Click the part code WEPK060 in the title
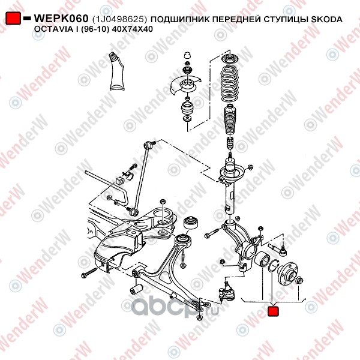tap(61, 19)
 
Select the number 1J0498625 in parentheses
tap(119, 19)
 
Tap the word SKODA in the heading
tap(326, 19)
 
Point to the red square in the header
tap(13, 18)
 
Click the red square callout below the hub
tap(273, 311)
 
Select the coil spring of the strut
tap(229, 83)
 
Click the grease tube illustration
tap(117, 71)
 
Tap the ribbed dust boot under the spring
tap(230, 119)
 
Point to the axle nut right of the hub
tap(300, 280)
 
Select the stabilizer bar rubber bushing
tap(119, 181)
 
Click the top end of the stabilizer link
tap(148, 145)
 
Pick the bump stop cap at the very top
tap(188, 56)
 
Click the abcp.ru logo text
tap(175, 307)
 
